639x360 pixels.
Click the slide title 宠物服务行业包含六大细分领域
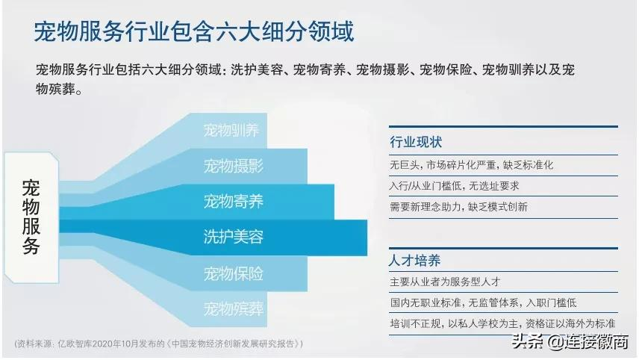193,32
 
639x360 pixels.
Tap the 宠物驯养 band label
231,131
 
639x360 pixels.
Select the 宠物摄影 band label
234,166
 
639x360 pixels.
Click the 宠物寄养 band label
234,202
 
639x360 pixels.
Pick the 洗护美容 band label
234,237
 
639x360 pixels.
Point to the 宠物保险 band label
234,273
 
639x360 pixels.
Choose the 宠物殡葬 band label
234,308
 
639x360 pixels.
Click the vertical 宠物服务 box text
31,217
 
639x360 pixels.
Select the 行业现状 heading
416,142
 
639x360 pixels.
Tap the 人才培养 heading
415,261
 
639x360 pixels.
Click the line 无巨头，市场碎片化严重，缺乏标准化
472,165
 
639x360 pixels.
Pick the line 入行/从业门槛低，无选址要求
455,186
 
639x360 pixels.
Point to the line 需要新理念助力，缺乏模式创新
459,207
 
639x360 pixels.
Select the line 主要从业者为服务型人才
445,282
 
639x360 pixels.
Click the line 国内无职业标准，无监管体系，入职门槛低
483,303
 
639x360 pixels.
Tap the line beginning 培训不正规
502,323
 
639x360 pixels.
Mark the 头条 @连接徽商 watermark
570,341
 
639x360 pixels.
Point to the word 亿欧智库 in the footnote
75,344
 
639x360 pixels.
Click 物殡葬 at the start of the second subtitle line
56,89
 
